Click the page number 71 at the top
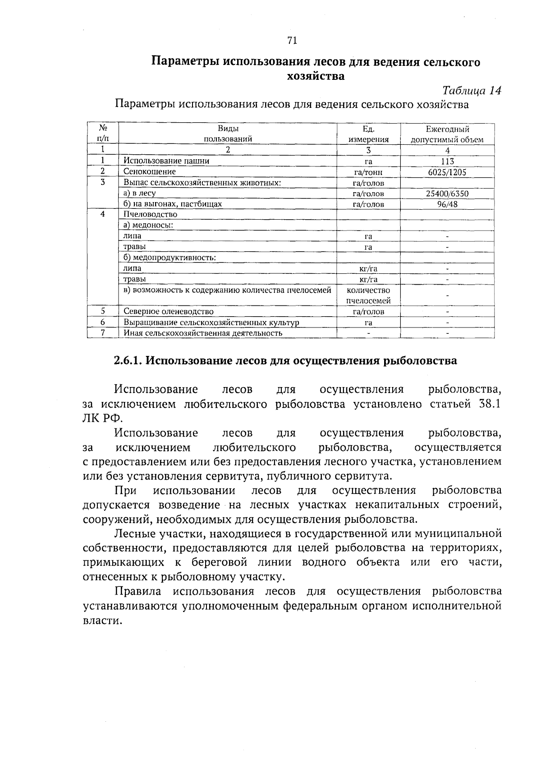tap(292, 41)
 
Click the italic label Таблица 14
tap(472, 90)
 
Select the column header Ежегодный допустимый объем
tap(447, 134)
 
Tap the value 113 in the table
tap(447, 161)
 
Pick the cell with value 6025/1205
tap(447, 172)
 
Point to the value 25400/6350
tap(447, 194)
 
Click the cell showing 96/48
tap(447, 204)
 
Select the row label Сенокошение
tap(150, 171)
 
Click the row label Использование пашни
tap(166, 161)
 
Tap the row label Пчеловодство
tap(150, 214)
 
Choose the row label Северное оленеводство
tap(169, 311)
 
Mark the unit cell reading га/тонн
tap(368, 172)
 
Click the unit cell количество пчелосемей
tap(368, 295)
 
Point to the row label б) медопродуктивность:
tap(170, 258)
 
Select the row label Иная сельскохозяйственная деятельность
tap(203, 333)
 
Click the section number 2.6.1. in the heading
tap(128, 361)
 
